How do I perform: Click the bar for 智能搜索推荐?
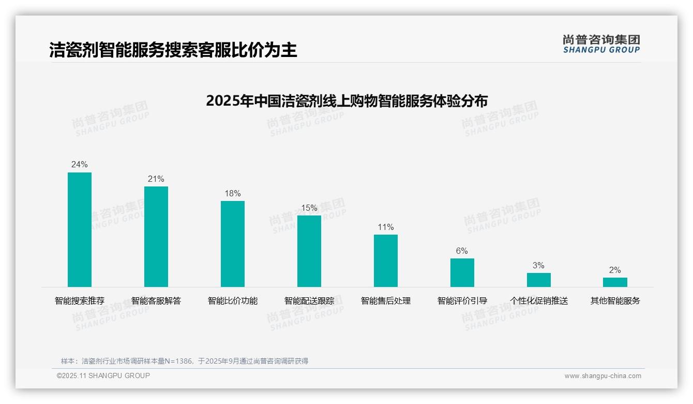click(80, 229)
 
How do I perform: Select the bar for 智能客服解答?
click(156, 237)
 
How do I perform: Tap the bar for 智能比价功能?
click(233, 244)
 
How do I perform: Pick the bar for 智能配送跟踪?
click(309, 251)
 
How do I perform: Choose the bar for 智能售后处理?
click(386, 261)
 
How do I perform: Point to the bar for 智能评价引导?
click(462, 272)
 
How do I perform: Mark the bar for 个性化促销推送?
click(539, 280)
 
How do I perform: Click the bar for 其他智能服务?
click(615, 282)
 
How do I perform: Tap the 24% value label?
click(80, 165)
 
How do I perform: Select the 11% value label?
click(386, 227)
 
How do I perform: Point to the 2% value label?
click(615, 270)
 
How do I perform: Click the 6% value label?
click(462, 251)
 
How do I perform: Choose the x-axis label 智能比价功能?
click(233, 300)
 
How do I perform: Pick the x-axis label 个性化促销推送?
click(539, 300)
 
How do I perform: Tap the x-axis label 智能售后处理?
click(386, 300)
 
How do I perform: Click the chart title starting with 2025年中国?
click(346, 100)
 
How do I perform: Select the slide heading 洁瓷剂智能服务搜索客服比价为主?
click(173, 50)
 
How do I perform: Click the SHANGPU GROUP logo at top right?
click(601, 44)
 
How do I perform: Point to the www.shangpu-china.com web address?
click(602, 376)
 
